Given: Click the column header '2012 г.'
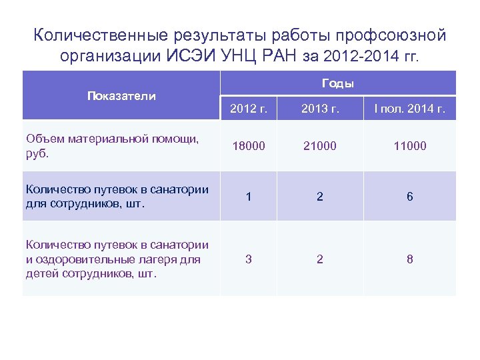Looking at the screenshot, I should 249,109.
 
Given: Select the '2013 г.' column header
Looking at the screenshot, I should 320,109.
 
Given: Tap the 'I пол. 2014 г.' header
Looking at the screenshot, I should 410,109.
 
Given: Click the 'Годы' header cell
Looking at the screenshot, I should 338,83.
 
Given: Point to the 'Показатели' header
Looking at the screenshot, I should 121,95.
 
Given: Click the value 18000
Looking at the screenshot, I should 249,145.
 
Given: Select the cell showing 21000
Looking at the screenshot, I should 320,145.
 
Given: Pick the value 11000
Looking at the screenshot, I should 410,145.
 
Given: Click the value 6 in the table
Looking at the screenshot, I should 410,197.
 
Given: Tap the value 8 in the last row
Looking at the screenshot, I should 410,259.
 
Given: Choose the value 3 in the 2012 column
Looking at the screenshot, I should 249,259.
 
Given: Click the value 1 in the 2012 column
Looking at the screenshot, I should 249,197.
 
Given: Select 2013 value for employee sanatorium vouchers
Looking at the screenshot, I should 320,197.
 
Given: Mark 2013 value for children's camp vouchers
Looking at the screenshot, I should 320,259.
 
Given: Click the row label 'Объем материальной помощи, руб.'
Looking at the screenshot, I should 112,145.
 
